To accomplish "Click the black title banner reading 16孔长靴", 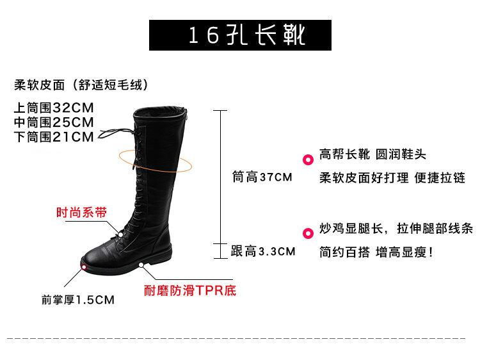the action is coord(240,35).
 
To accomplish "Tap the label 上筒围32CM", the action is coord(54,108).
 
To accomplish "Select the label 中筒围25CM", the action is coord(54,122).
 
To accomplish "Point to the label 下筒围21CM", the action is coord(54,136).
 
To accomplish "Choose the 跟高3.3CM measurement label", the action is coord(263,251).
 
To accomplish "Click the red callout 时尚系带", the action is coord(81,213).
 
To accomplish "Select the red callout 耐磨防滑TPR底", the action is coord(190,291).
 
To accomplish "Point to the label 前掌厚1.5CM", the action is coord(77,299).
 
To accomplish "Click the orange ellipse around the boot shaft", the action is coord(154,160).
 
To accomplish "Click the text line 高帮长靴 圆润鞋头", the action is coord(372,155).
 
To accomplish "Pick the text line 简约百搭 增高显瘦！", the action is coord(377,252).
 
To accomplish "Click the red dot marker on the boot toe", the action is coord(84,265).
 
